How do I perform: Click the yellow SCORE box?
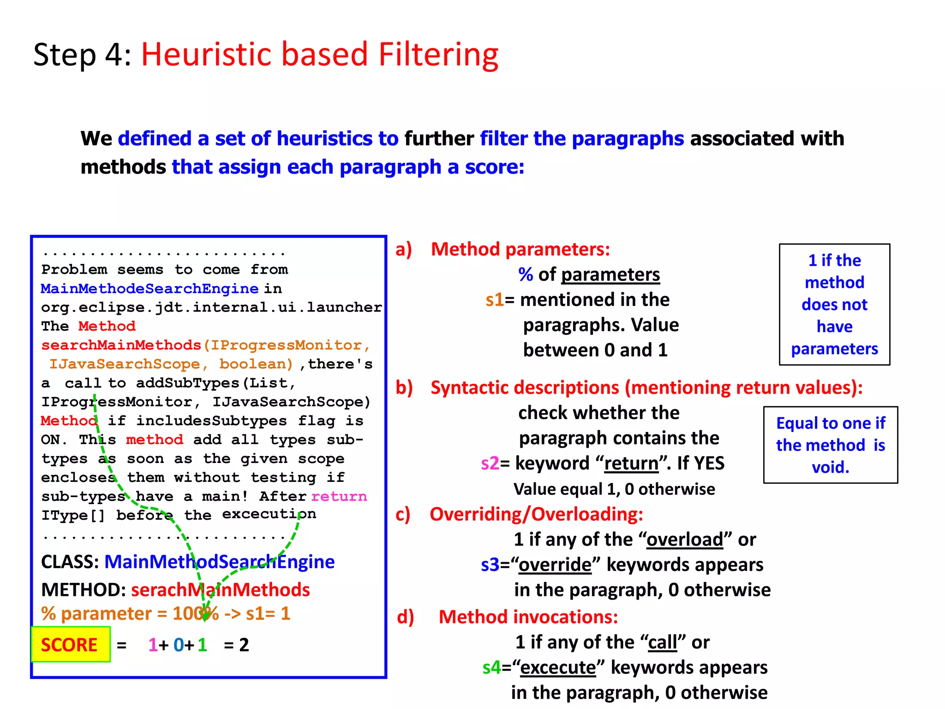click(71, 644)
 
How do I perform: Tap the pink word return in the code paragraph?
click(339, 496)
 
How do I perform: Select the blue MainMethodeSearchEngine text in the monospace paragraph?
click(150, 288)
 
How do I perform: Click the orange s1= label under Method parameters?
click(495, 300)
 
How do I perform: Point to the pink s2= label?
click(490, 463)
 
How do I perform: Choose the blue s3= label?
click(490, 565)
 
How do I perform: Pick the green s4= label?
click(491, 667)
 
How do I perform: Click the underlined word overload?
click(685, 539)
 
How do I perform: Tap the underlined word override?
click(555, 565)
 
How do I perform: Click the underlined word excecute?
click(558, 667)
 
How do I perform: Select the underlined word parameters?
click(610, 275)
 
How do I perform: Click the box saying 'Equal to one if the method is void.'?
click(830, 445)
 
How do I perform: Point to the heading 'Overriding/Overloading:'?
click(536, 514)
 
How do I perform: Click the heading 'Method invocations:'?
click(528, 617)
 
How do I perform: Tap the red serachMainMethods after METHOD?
click(221, 590)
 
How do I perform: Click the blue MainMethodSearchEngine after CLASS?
click(220, 562)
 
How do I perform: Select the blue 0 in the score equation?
click(179, 645)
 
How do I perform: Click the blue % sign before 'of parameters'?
click(526, 275)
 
